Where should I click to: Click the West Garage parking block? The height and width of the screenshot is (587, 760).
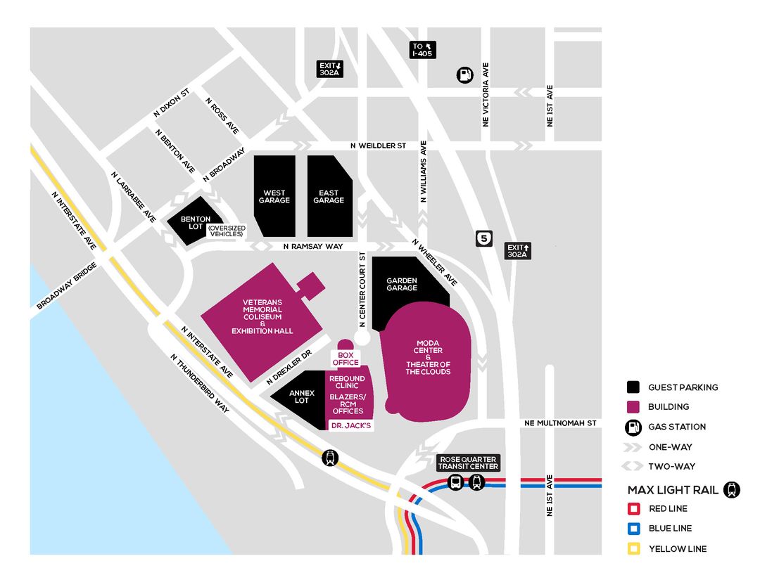pos(274,196)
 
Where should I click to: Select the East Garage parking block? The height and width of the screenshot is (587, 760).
pos(329,196)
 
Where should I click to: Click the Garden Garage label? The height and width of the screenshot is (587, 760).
pos(402,284)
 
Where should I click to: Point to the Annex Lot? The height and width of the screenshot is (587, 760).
pos(301,397)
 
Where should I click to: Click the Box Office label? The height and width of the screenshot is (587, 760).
pos(346,359)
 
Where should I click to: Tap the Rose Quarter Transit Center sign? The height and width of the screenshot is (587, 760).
pos(467,463)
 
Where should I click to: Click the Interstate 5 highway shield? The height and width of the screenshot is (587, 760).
pos(483,239)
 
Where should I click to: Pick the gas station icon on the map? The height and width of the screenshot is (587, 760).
pos(464,75)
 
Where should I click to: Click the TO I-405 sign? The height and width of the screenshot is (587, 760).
pos(423,49)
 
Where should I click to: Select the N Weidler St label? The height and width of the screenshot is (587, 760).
pos(379,146)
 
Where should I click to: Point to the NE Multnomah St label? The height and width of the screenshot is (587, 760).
pos(560,423)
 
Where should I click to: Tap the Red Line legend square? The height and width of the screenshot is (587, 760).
pos(634,509)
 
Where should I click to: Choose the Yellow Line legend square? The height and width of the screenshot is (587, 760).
pos(634,548)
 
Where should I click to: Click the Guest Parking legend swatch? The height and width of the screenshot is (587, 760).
pos(634,387)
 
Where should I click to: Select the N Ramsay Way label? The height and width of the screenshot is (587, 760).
pos(313,247)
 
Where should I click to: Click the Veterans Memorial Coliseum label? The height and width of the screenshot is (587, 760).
pos(262,316)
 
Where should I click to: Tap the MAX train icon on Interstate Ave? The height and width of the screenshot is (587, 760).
pos(329,458)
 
